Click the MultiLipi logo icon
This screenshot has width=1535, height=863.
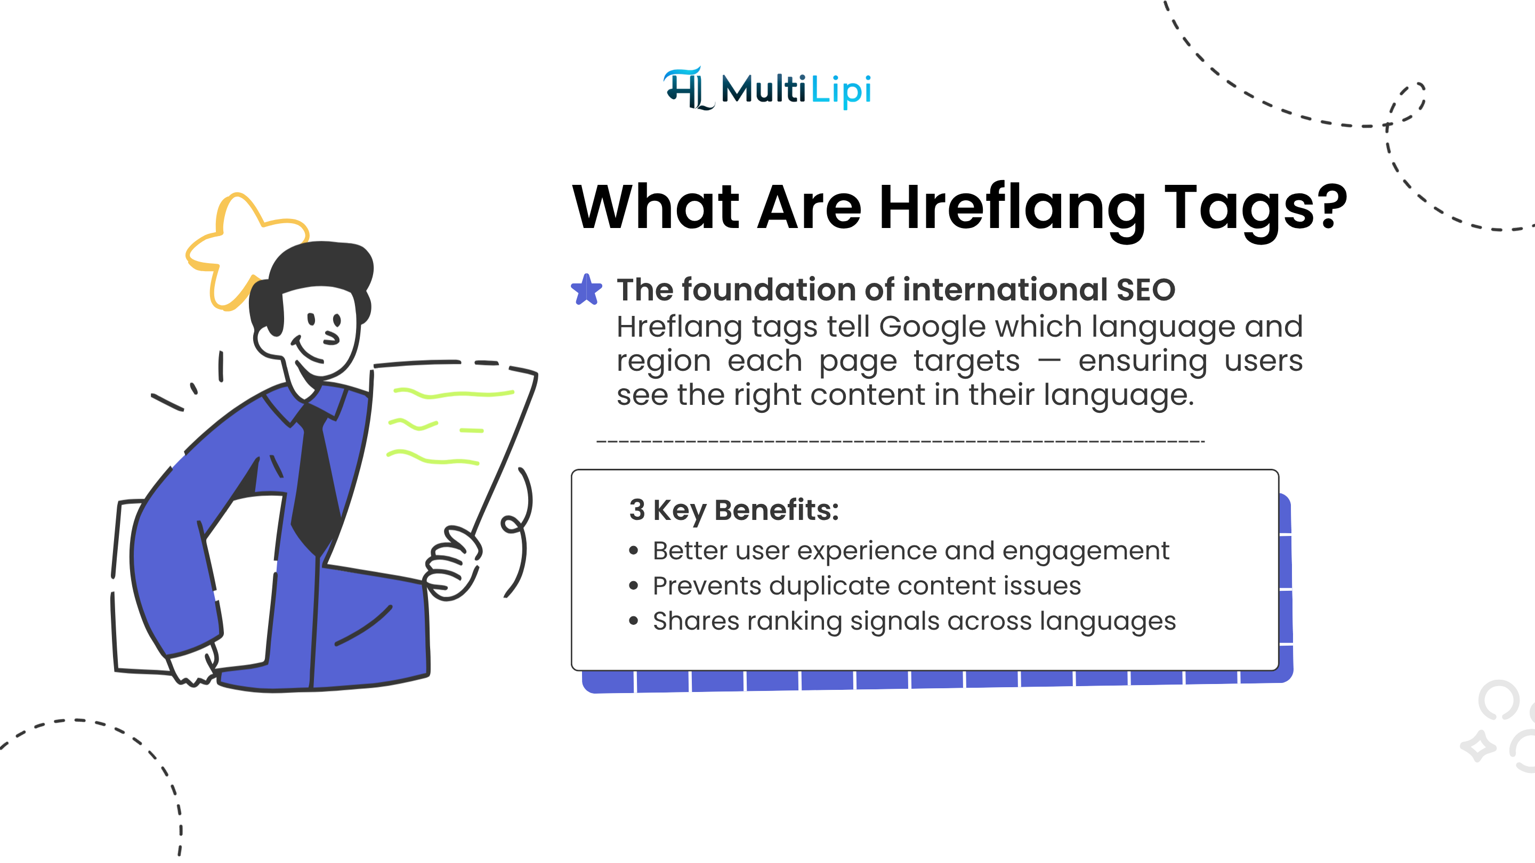[x=688, y=89]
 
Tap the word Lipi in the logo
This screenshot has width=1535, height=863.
[x=842, y=91]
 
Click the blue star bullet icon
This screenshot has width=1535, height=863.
[x=586, y=289]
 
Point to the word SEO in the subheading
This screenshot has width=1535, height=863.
[x=1145, y=290]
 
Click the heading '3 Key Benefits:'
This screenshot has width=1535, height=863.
[x=733, y=510]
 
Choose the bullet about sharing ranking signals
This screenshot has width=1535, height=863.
[x=914, y=621]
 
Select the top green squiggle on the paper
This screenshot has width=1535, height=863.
[x=453, y=393]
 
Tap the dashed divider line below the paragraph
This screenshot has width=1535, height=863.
[x=900, y=441]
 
